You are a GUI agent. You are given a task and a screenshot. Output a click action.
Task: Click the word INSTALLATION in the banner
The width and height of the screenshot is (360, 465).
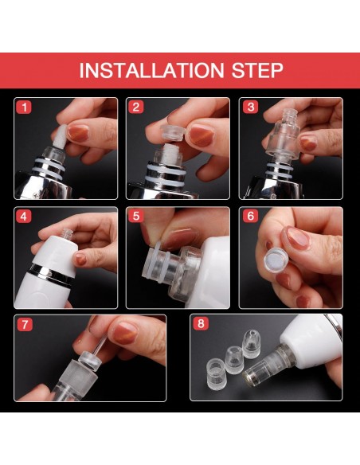[x=151, y=70]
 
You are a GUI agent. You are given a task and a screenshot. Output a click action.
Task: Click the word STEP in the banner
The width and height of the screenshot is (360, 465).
[x=256, y=70]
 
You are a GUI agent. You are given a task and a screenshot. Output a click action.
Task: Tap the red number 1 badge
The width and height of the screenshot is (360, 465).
[x=24, y=107]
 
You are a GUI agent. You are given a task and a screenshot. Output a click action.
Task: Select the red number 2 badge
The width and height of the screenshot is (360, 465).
[x=136, y=107]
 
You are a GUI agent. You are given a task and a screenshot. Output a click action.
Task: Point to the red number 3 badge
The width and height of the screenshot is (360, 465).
[x=250, y=107]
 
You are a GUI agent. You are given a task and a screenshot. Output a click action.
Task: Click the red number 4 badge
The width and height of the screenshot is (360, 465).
[x=24, y=217]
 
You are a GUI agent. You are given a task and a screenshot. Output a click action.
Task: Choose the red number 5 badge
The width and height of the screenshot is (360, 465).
[x=136, y=217]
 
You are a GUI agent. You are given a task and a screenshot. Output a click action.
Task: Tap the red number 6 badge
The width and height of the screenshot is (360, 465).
[x=250, y=217]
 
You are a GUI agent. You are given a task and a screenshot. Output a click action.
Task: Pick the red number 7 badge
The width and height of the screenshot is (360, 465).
[x=25, y=324]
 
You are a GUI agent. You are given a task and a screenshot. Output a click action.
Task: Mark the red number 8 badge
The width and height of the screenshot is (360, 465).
[x=201, y=323]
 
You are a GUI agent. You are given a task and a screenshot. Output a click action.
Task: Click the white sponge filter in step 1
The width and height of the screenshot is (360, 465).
[x=59, y=136]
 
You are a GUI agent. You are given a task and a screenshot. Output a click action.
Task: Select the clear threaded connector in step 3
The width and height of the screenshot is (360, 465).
[x=282, y=134]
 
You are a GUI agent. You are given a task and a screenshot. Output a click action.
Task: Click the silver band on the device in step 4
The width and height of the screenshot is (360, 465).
[x=54, y=273]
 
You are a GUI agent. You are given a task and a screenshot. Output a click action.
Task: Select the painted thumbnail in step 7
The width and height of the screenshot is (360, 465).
[x=125, y=333]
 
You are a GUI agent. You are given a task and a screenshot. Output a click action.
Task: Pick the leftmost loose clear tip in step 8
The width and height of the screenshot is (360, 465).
[x=216, y=374]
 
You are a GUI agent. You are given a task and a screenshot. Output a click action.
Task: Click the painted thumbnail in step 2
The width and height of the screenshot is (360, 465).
[x=202, y=135]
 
